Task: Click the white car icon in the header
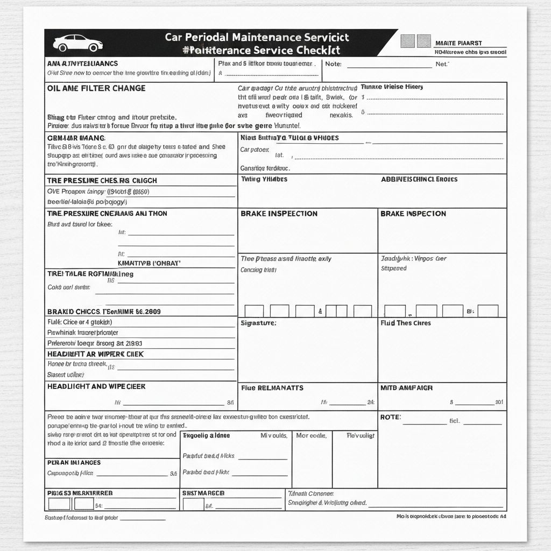tap(78, 43)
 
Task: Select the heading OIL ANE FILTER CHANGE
tap(96, 88)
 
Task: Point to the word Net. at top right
tap(442, 63)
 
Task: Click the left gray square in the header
tap(408, 41)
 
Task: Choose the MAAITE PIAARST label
tap(458, 43)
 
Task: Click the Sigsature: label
tap(258, 323)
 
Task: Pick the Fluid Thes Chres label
tap(405, 323)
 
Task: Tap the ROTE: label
tap(391, 417)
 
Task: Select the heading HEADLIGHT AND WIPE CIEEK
tap(96, 386)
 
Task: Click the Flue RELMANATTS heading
tap(272, 387)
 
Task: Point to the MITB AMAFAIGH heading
tap(407, 387)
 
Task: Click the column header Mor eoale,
tap(312, 435)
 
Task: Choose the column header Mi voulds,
tap(273, 435)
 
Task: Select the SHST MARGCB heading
tap(203, 493)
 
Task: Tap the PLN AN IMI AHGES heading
tap(74, 462)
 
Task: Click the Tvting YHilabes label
tap(264, 179)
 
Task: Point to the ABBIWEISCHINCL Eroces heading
tap(419, 179)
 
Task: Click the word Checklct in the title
tap(315, 50)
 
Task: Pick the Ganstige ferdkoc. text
tap(262, 168)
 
